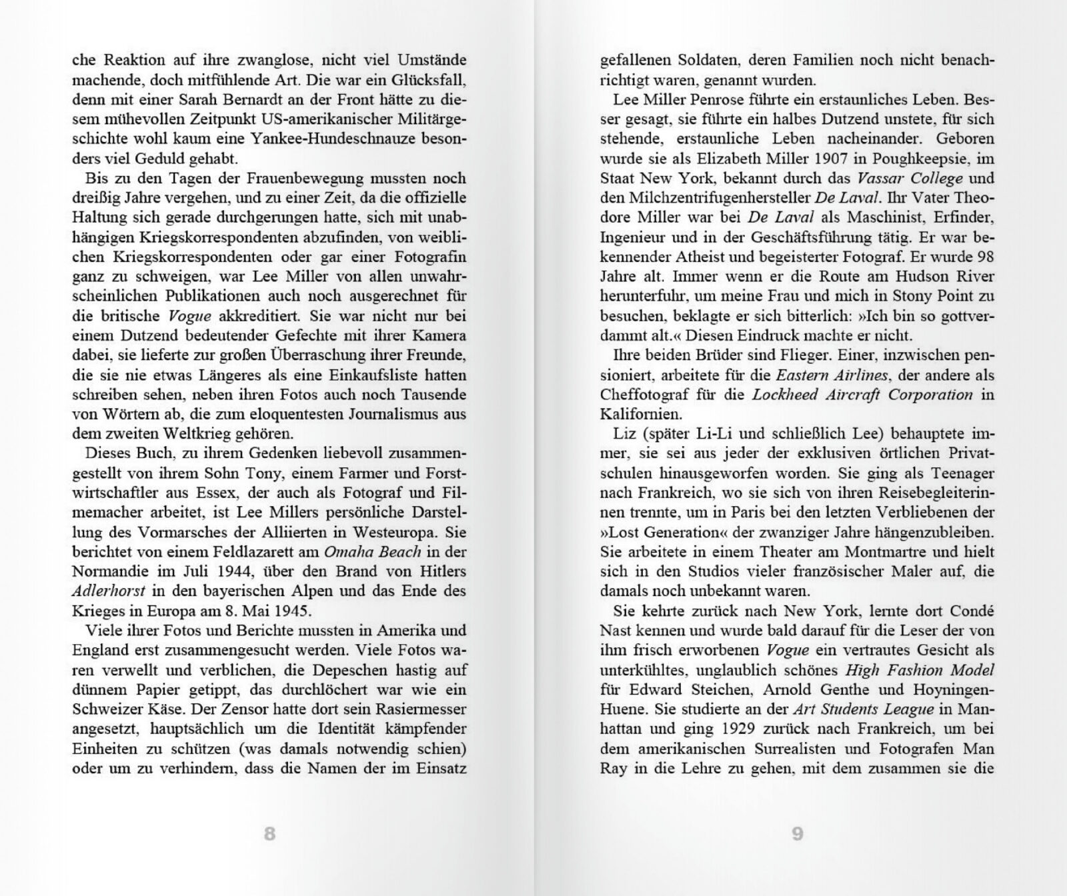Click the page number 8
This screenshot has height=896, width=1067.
pyautogui.click(x=269, y=833)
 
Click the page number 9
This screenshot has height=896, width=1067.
pyautogui.click(x=797, y=833)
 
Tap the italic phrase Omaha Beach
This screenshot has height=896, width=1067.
pyautogui.click(x=373, y=551)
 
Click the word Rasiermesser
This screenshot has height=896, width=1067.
pyautogui.click(x=423, y=709)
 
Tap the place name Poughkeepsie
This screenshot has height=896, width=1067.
pyautogui.click(x=912, y=159)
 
